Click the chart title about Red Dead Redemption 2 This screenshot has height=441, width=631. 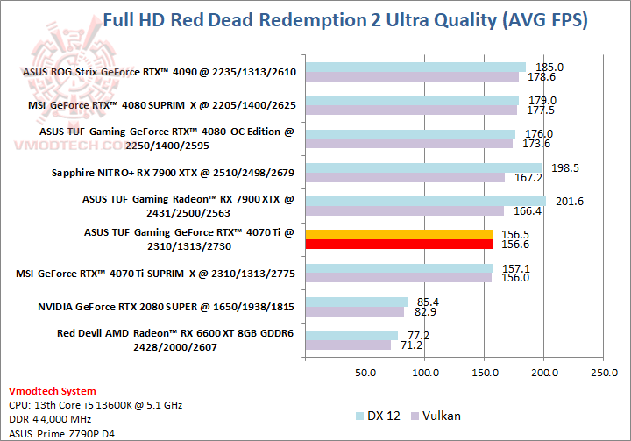pos(345,19)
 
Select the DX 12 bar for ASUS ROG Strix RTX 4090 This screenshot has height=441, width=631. pos(414,67)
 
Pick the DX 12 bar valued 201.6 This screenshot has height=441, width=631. pos(424,201)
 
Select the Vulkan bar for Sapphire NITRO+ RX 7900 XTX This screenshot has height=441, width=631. pos(404,177)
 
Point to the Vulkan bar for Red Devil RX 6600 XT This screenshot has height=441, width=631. pos(347,345)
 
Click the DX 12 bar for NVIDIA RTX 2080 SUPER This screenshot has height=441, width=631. pos(355,302)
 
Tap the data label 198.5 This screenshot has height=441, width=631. pos(562,167)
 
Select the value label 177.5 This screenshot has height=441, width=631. pos(536,110)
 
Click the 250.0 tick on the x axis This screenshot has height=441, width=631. pos(604,373)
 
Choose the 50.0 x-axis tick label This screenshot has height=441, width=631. pos(364,373)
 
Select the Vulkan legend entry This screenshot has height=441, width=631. pos(439,415)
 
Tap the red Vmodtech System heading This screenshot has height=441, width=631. pos(52,391)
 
